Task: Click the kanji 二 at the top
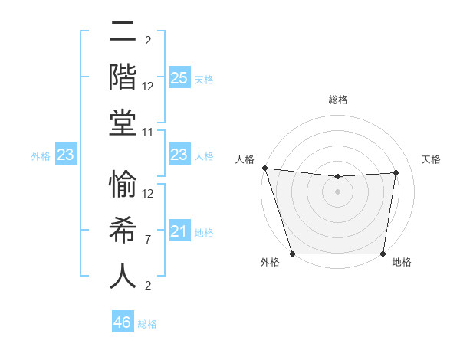coord(123,34)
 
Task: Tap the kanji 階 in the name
coord(123,78)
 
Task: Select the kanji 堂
coord(123,123)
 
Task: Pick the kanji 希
coord(123,231)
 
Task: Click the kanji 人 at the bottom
coord(123,276)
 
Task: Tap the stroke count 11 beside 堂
coord(148,133)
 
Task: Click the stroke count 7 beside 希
coord(148,241)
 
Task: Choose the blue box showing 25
coord(179,78)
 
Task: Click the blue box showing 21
coord(179,232)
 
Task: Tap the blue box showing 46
coord(123,322)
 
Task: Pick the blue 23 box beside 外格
coord(65,155)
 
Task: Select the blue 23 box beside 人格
coord(179,155)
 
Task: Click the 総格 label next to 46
coord(147,324)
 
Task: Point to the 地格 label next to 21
coord(204,233)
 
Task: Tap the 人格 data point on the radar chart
coord(264,168)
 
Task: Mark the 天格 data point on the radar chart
coord(396,172)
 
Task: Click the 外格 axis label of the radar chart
coord(270,263)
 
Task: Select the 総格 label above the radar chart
coord(338,100)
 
